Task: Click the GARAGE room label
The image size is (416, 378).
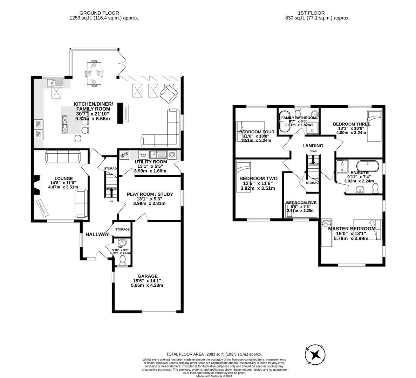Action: (x=147, y=276)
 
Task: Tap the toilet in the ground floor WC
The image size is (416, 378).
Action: (x=122, y=260)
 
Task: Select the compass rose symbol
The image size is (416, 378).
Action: (x=316, y=354)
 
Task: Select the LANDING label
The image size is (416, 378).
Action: (x=313, y=146)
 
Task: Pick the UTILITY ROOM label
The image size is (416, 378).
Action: (x=151, y=162)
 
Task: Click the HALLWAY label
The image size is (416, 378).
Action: (x=97, y=234)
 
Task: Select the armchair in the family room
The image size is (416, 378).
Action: (x=169, y=94)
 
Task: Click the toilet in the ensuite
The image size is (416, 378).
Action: (x=375, y=188)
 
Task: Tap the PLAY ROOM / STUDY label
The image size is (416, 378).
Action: (x=151, y=194)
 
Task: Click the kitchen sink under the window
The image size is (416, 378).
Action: (x=56, y=83)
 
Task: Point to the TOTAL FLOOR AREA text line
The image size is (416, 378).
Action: (x=214, y=354)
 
